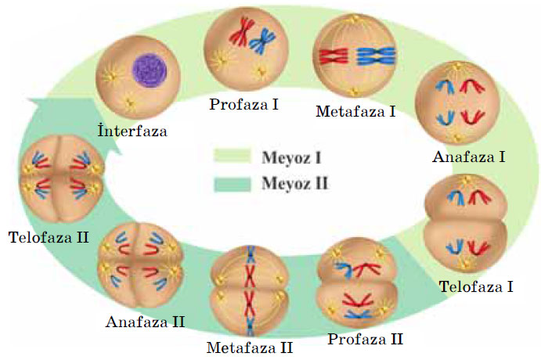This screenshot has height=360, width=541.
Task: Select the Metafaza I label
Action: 355,111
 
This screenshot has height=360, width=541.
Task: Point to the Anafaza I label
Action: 468,157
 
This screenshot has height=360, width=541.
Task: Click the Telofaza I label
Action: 475,286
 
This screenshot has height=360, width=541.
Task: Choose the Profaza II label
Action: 365,339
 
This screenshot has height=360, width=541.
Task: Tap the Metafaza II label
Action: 250,346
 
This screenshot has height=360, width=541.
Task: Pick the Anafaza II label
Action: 146,321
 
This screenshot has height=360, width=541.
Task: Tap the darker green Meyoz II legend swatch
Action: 231,184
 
